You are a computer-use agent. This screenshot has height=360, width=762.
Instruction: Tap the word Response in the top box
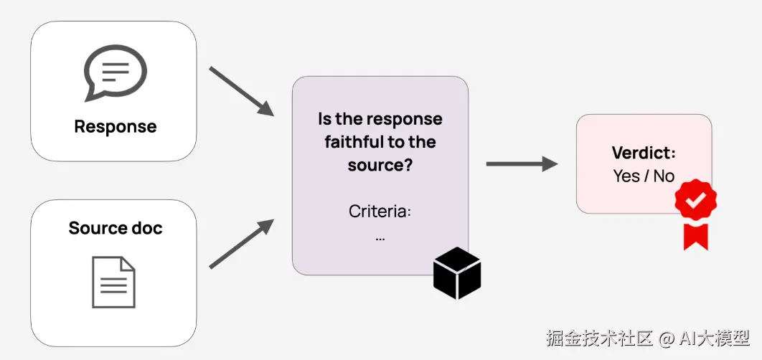(x=115, y=127)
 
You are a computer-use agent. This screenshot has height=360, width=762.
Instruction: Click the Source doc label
(x=115, y=228)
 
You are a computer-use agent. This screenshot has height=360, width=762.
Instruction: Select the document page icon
(x=113, y=283)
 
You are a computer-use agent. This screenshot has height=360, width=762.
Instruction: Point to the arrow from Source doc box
(x=241, y=245)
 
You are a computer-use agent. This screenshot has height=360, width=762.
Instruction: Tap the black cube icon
(x=457, y=273)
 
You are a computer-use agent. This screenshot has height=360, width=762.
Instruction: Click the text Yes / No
(x=644, y=176)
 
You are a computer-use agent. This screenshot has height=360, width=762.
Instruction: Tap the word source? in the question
(x=380, y=164)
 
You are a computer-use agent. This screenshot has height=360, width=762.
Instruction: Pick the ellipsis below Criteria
(x=380, y=237)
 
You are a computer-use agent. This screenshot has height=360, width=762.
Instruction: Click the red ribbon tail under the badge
(x=695, y=236)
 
